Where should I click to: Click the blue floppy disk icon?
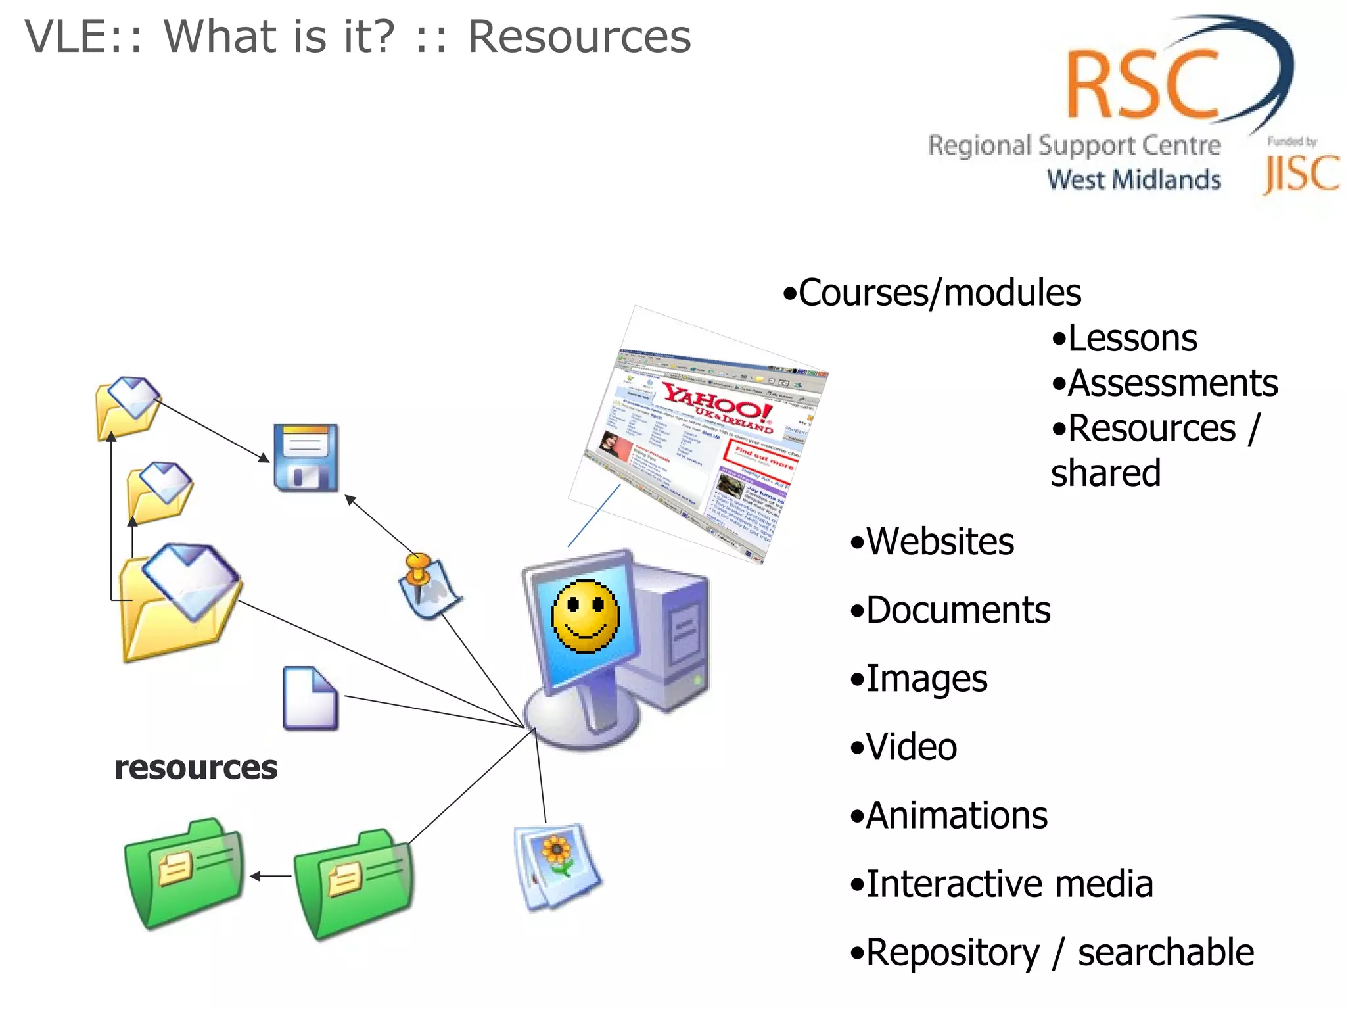pyautogui.click(x=306, y=458)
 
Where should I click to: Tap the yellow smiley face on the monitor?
pyautogui.click(x=585, y=616)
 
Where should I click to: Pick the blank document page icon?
pyautogui.click(x=310, y=698)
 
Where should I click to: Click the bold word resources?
pyautogui.click(x=196, y=767)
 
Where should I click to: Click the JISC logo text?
pyautogui.click(x=1301, y=174)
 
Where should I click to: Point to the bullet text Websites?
pyautogui.click(x=940, y=542)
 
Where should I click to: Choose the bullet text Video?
pyautogui.click(x=911, y=747)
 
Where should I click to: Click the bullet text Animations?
pyautogui.click(x=956, y=815)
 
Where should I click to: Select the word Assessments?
pyautogui.click(x=1172, y=383)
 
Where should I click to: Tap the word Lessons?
pyautogui.click(x=1132, y=339)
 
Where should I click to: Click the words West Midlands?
pyautogui.click(x=1134, y=180)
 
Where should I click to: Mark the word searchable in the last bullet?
pyautogui.click(x=1166, y=952)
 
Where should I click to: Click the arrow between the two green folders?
pyautogui.click(x=270, y=876)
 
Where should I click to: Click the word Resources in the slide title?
pyautogui.click(x=579, y=37)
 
